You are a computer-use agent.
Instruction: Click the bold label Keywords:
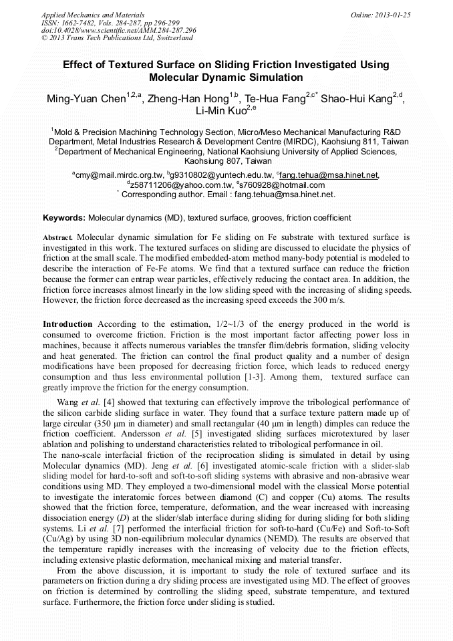point(64,218)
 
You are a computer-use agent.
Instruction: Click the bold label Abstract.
point(58,238)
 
